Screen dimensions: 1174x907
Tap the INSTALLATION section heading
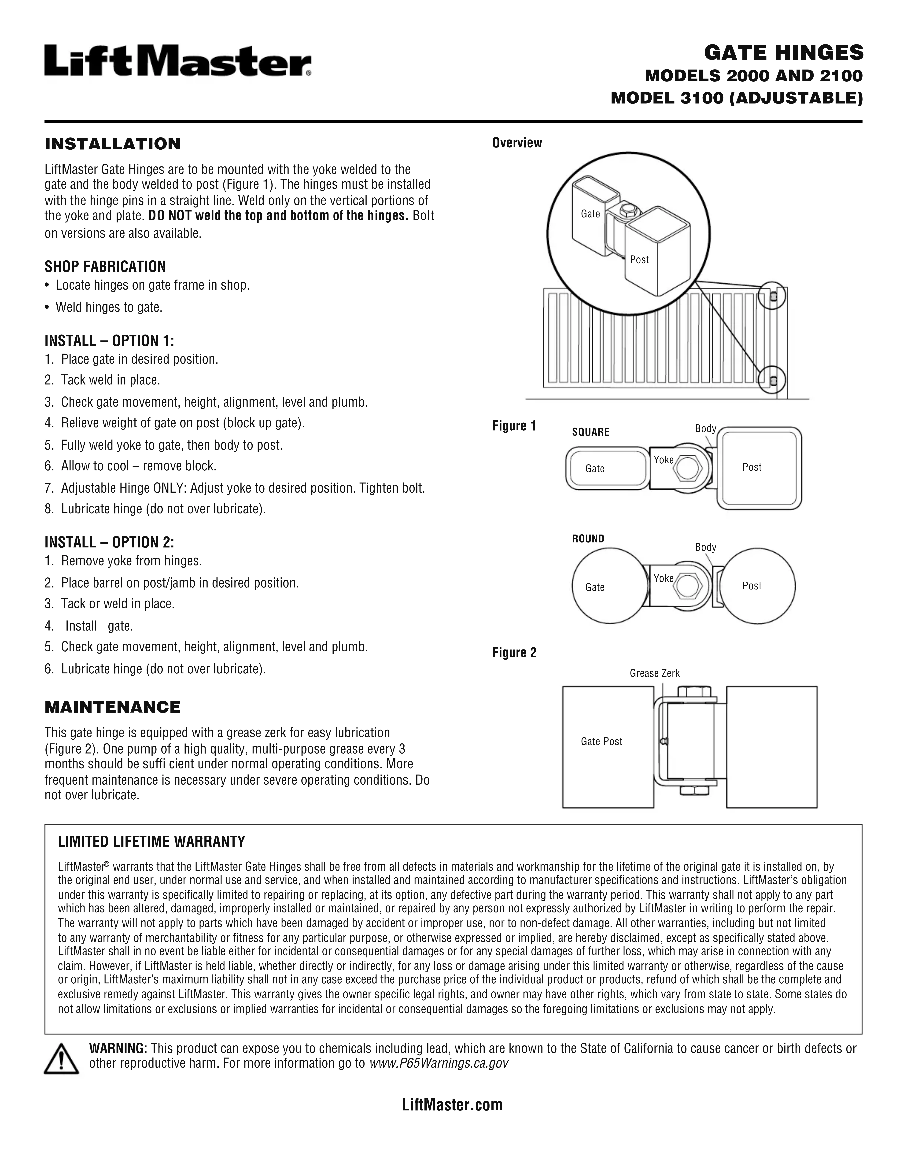click(x=112, y=144)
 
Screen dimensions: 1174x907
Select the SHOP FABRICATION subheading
click(x=105, y=267)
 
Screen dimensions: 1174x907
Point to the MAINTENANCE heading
click(x=112, y=707)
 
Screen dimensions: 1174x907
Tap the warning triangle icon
click(x=61, y=1058)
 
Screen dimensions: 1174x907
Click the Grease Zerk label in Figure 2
click(x=654, y=674)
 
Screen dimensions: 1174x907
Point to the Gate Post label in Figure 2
click(x=601, y=742)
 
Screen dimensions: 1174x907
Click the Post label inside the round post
click(x=752, y=586)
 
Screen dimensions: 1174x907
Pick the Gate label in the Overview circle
click(x=590, y=214)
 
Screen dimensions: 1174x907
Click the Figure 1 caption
click(x=514, y=426)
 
